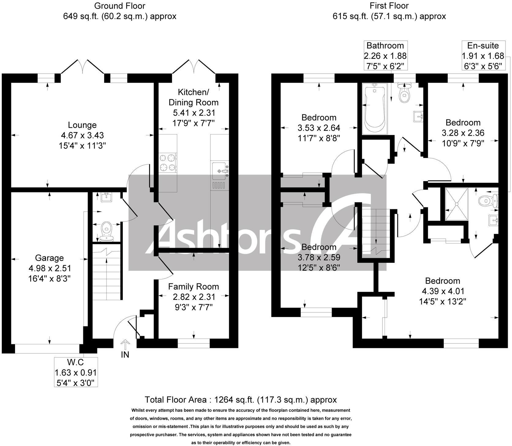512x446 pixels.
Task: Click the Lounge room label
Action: [82, 125]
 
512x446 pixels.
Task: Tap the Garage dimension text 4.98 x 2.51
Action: [50, 268]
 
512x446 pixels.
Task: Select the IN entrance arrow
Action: [125, 346]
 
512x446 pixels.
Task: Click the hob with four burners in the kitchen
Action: [168, 163]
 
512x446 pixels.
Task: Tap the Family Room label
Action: [194, 287]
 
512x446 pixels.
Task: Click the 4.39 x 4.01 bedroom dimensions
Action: [442, 291]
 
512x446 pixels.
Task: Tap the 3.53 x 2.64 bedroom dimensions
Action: [319, 128]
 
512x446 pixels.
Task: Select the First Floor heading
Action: [389, 6]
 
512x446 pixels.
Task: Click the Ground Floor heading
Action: [120, 6]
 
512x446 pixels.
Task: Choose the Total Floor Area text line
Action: [241, 400]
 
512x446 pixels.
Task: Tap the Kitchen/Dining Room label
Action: [194, 97]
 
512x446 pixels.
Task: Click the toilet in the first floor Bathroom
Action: [405, 93]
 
